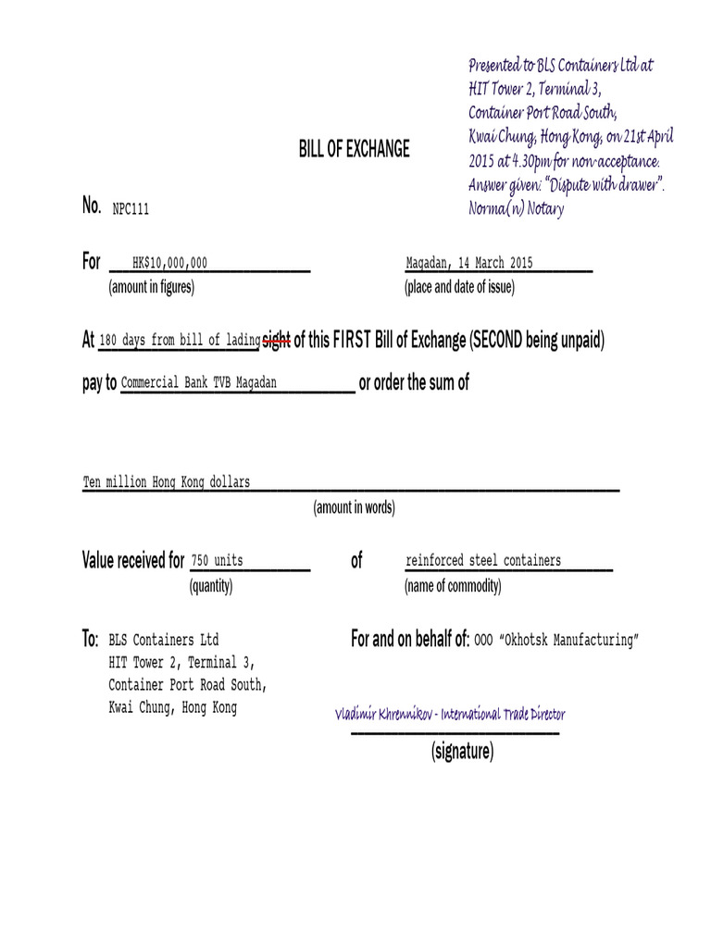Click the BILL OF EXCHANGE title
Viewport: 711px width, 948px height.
coord(354,149)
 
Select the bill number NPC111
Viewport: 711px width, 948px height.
coord(131,209)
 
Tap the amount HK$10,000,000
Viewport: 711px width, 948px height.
coord(169,263)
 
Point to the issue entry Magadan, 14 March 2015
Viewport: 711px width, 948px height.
coord(469,263)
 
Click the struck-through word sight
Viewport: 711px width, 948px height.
coord(277,341)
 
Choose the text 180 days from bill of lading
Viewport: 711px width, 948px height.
coord(180,341)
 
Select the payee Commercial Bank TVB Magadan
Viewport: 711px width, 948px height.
coord(199,382)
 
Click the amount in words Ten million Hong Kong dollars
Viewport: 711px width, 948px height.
coord(167,482)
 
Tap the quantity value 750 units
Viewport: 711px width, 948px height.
coord(217,561)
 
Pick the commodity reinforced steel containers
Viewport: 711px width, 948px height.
coord(482,561)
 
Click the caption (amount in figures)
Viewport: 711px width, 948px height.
coord(152,287)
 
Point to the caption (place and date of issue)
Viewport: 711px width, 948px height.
coord(459,287)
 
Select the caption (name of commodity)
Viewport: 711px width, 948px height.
coord(453,586)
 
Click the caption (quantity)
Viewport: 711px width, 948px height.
coord(211,586)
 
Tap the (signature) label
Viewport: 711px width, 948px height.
coord(462,752)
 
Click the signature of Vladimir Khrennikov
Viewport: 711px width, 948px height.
coord(450,714)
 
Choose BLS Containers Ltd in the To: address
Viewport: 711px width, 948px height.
coord(164,640)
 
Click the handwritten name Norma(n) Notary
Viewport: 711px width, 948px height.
coord(516,209)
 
